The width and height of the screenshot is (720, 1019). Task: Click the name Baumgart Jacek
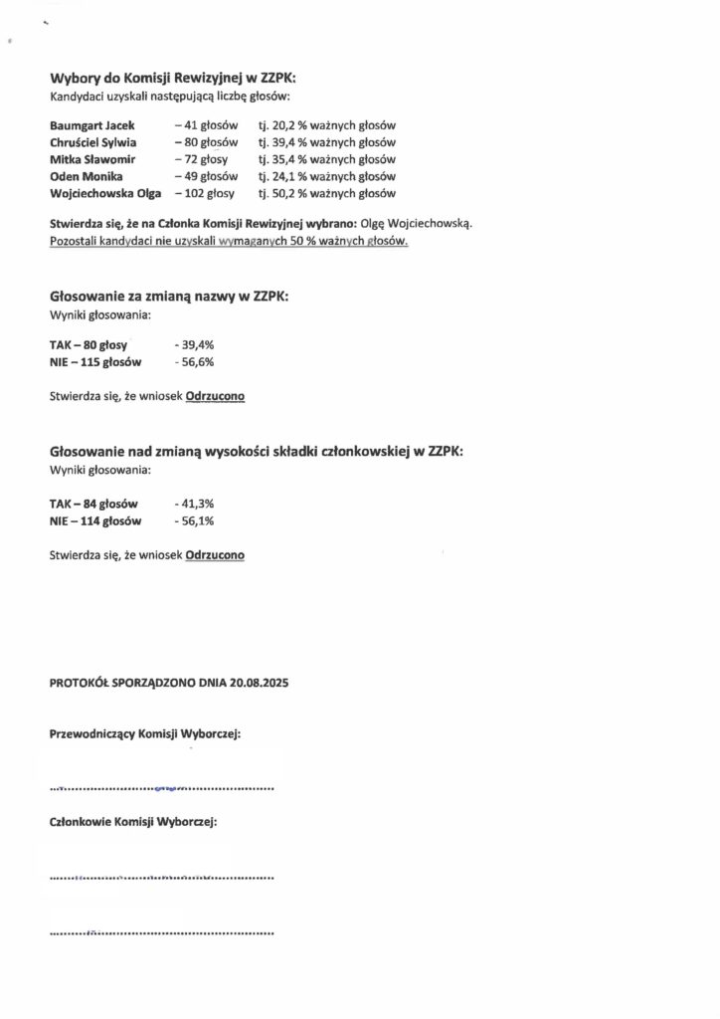(91, 126)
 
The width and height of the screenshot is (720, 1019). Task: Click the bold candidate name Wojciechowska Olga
(104, 193)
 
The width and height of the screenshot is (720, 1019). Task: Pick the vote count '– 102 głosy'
(205, 193)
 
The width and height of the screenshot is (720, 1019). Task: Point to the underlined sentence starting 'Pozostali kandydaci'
(229, 242)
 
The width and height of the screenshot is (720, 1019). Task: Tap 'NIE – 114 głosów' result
(95, 520)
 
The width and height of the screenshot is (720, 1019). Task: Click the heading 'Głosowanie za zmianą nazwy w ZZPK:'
(169, 297)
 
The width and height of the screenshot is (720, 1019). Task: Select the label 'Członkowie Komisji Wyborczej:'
(133, 823)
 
